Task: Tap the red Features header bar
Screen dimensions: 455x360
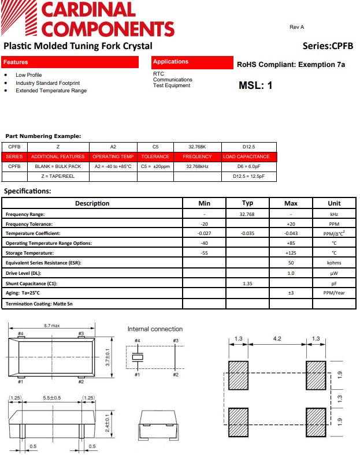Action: coord(70,62)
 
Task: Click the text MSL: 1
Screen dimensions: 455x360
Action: coord(255,85)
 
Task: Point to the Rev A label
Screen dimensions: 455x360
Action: coord(296,27)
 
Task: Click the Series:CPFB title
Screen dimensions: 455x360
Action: coord(328,46)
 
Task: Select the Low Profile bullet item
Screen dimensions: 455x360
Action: coord(29,75)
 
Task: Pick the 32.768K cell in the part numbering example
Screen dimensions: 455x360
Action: coord(197,147)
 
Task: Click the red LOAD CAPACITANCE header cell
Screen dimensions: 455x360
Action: coord(247,156)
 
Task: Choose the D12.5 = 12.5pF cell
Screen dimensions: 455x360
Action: coord(247,176)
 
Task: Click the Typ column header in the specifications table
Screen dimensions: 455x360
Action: coord(247,203)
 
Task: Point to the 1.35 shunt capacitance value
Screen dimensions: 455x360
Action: coord(247,284)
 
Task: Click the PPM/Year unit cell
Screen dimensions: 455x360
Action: coord(334,293)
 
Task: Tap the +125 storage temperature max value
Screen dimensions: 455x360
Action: coord(291,253)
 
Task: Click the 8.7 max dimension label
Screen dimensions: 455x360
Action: coord(52,326)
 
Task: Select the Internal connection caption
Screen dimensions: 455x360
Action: coord(155,329)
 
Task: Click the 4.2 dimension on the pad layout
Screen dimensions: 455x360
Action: coord(277,338)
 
